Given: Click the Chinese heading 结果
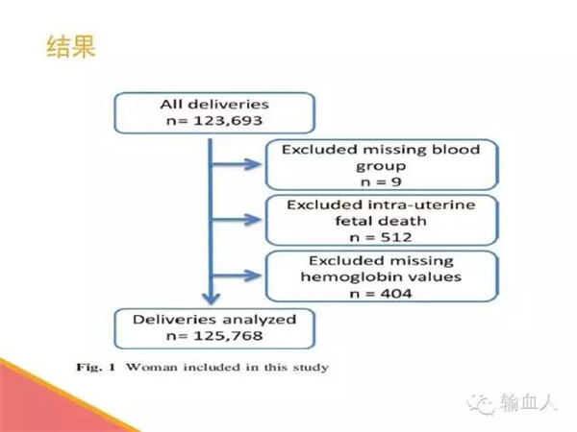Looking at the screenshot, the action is click(x=71, y=47).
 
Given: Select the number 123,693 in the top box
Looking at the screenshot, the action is click(x=228, y=121).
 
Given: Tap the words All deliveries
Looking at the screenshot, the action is click(x=214, y=105).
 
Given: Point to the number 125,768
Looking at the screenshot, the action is click(x=228, y=336).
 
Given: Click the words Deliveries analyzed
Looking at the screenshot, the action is click(x=214, y=320).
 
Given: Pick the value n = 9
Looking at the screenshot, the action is click(x=381, y=181).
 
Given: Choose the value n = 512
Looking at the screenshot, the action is click(x=381, y=237).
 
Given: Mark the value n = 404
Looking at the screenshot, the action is click(x=381, y=294).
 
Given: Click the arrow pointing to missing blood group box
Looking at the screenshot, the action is click(x=237, y=164).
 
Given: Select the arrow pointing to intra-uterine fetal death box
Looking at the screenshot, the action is click(x=237, y=220).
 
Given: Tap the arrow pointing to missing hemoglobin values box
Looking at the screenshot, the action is click(x=237, y=276).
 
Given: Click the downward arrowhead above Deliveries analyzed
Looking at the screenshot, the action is click(x=211, y=299).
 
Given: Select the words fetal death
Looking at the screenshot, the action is click(x=381, y=221).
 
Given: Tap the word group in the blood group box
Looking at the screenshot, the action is click(x=381, y=166).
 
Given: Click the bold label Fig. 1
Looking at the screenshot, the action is click(x=96, y=367).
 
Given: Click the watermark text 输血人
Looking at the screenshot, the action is click(x=528, y=402).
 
